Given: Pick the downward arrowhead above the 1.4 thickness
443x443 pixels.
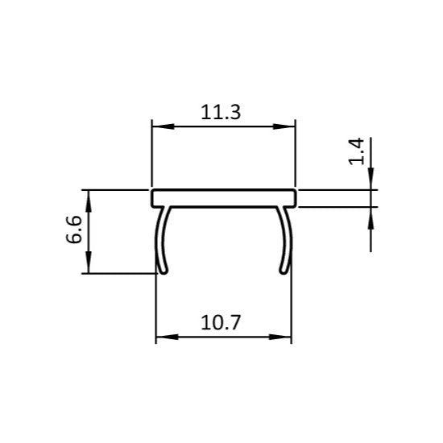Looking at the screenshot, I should (x=371, y=184).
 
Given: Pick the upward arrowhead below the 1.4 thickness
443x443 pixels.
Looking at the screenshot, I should (x=371, y=213).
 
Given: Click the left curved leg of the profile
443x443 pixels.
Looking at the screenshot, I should (x=160, y=238).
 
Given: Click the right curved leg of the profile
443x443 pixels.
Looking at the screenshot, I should (x=287, y=238).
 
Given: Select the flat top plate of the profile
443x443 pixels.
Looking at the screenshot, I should (x=223, y=197).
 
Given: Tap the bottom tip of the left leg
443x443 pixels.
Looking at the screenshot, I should (x=164, y=271).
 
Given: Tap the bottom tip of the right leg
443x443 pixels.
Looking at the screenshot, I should (x=283, y=271).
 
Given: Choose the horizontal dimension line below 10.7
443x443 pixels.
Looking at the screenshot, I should (x=223, y=337).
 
